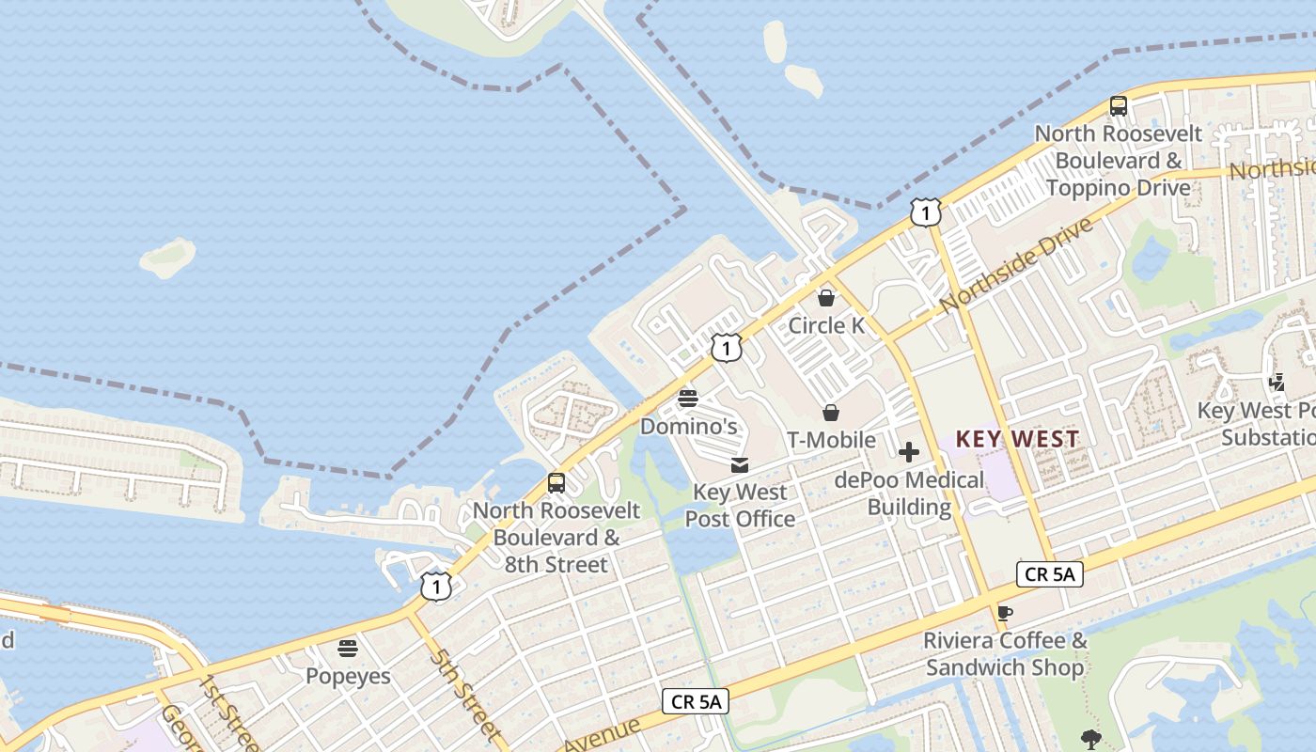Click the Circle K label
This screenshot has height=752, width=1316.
825,325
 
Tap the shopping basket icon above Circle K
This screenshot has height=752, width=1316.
825,299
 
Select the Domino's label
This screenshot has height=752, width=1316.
688,427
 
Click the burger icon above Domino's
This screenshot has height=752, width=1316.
688,399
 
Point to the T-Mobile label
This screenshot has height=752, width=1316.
831,440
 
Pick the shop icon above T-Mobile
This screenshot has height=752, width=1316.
831,413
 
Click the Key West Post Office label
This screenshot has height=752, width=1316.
740,505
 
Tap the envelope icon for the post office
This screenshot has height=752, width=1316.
740,464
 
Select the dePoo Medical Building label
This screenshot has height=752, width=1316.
909,493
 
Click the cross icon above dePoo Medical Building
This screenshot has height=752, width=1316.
909,452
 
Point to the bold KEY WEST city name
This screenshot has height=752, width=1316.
1018,439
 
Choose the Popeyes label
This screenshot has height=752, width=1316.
348,676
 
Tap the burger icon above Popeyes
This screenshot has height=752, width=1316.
348,649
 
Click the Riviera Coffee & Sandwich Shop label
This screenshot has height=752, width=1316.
1005,654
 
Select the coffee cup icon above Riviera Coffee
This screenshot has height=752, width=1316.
1005,614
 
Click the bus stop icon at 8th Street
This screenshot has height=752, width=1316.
556,483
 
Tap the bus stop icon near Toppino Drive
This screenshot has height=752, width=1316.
1119,105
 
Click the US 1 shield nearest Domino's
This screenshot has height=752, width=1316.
726,349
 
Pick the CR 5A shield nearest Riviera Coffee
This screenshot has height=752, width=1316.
1050,574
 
